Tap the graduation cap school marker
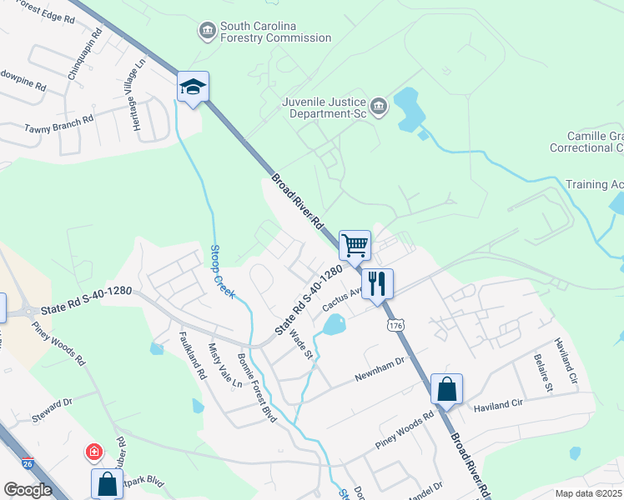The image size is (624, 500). click(x=193, y=87)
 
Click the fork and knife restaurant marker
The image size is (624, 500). click(x=377, y=284)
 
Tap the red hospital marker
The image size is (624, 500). click(x=94, y=453)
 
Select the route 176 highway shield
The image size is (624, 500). click(x=395, y=324)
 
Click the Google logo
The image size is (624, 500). click(x=28, y=490)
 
